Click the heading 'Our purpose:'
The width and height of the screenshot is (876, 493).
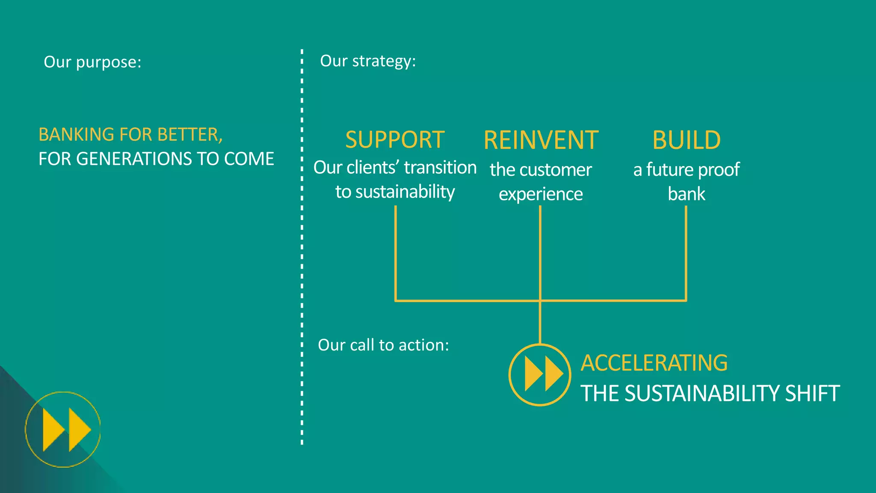(92, 62)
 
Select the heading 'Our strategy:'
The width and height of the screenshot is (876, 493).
(368, 61)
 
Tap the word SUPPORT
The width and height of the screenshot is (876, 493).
(395, 140)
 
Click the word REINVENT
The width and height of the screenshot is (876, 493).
(541, 140)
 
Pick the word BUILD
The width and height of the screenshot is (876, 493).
(686, 140)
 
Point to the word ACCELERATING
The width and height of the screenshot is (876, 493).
(654, 363)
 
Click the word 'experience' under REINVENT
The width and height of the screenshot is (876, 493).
(541, 194)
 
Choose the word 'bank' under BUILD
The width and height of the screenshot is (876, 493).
(686, 194)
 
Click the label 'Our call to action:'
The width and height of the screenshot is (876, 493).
(383, 345)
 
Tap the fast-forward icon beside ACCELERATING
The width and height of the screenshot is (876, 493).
(540, 374)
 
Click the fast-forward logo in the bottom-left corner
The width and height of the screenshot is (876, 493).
(63, 429)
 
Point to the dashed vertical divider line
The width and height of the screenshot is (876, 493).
(302, 257)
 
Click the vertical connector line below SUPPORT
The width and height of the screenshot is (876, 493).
(396, 252)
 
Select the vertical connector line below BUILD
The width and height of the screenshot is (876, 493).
(686, 252)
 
